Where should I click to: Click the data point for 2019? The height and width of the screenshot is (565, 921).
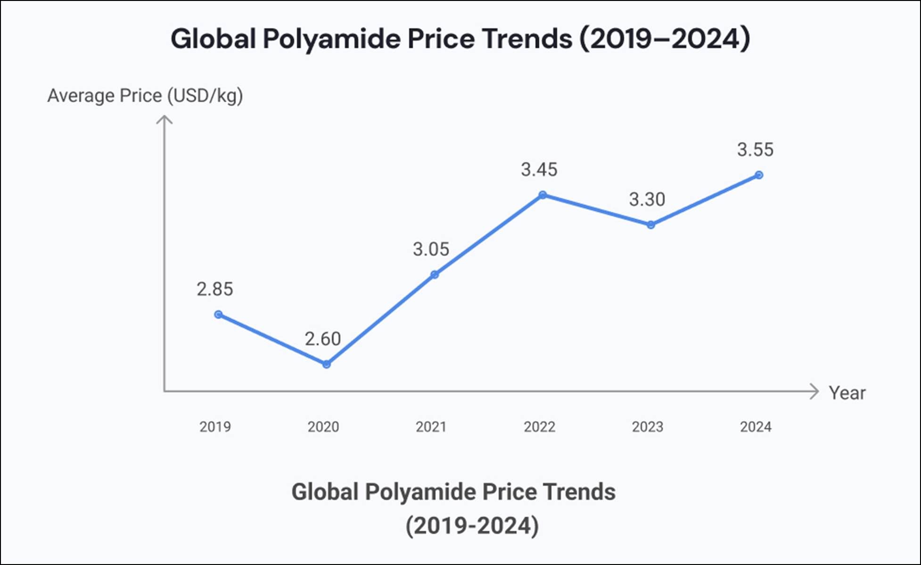click(x=218, y=315)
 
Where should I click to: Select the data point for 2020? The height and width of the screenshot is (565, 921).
click(x=326, y=364)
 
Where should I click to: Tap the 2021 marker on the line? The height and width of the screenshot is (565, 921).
click(x=435, y=274)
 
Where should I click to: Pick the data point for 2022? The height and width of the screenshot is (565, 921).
click(x=543, y=195)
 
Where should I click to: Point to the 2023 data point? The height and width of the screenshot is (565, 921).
click(x=650, y=225)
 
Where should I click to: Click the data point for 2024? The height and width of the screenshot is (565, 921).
click(x=759, y=175)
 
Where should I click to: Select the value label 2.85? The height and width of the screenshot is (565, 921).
click(x=215, y=289)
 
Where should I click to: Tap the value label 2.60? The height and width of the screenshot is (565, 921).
click(x=323, y=339)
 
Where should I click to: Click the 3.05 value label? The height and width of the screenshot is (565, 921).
click(x=431, y=249)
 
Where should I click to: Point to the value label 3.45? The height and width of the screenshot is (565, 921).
click(x=539, y=169)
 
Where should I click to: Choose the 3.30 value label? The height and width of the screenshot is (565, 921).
click(x=647, y=199)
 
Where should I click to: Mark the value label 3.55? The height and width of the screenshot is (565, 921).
click(x=756, y=150)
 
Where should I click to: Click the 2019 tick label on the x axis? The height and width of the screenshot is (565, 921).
click(x=215, y=427)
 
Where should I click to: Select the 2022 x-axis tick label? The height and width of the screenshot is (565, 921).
click(x=539, y=427)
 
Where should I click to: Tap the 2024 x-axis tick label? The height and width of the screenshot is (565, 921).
click(x=756, y=427)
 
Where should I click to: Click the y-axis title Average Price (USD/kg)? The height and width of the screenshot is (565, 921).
click(x=145, y=96)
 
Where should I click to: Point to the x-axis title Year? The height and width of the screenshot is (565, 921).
click(x=847, y=393)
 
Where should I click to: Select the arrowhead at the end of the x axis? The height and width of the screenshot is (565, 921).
click(x=814, y=391)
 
